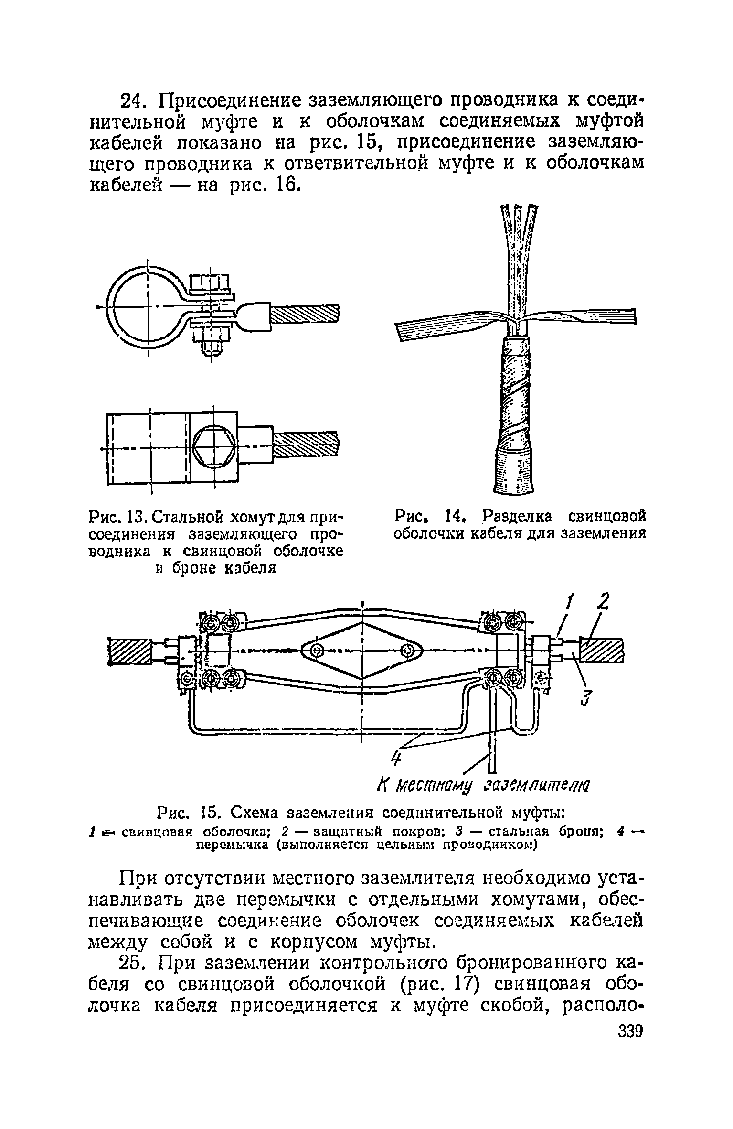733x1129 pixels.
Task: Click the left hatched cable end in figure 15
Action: coord(129,651)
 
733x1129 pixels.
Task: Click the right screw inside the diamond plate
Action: coord(407,650)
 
